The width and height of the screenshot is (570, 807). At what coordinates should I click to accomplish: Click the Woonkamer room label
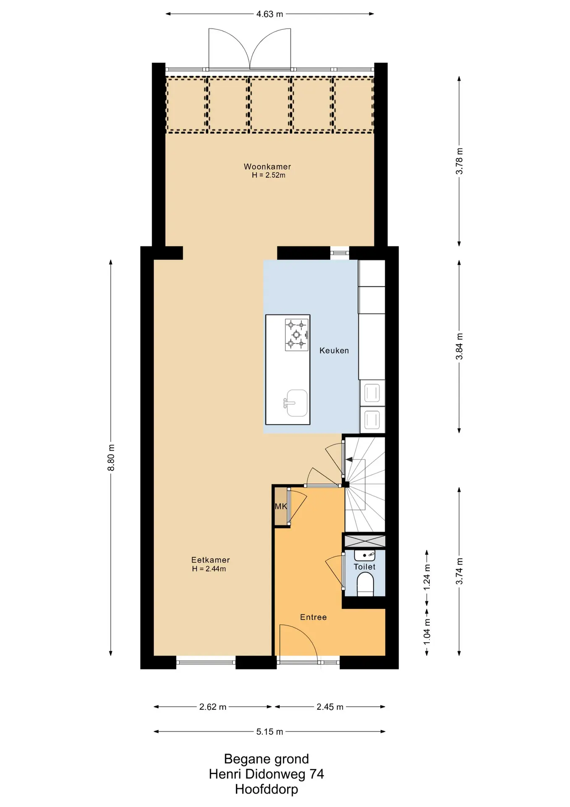coord(267,166)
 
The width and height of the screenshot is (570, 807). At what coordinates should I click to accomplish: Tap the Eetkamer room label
coord(210,560)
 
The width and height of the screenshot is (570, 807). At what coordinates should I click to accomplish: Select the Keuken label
coord(334,351)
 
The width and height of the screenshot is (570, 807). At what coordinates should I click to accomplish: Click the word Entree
coord(313,617)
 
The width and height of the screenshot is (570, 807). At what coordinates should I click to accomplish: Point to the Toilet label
coord(364,567)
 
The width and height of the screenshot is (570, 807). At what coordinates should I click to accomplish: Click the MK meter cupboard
coord(281,506)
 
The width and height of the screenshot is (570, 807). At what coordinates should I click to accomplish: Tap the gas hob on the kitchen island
coord(297,335)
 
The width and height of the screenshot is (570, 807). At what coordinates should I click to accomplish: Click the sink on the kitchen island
coord(296,403)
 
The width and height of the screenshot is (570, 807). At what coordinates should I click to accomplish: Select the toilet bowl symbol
coord(365,585)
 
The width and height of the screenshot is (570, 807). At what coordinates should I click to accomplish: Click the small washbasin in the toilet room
coord(365,555)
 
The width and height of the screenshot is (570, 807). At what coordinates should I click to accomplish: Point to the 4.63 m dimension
coord(269,14)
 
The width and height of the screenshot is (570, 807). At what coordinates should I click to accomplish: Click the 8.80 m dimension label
coord(111,457)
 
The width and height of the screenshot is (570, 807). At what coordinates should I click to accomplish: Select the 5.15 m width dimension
coord(269,732)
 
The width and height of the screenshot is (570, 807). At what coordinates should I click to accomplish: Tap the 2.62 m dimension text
coord(213,707)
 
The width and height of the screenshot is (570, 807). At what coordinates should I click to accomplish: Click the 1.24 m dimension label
coord(427,576)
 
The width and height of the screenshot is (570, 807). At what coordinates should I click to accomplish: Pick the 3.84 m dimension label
coord(460,346)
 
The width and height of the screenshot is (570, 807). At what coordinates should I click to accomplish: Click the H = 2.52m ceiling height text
coord(269,175)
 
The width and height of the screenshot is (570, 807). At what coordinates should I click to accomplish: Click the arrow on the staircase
coord(349,460)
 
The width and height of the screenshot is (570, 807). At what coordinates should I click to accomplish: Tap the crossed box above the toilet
coord(364,541)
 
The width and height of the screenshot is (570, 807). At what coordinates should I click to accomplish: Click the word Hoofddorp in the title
coord(267,789)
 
